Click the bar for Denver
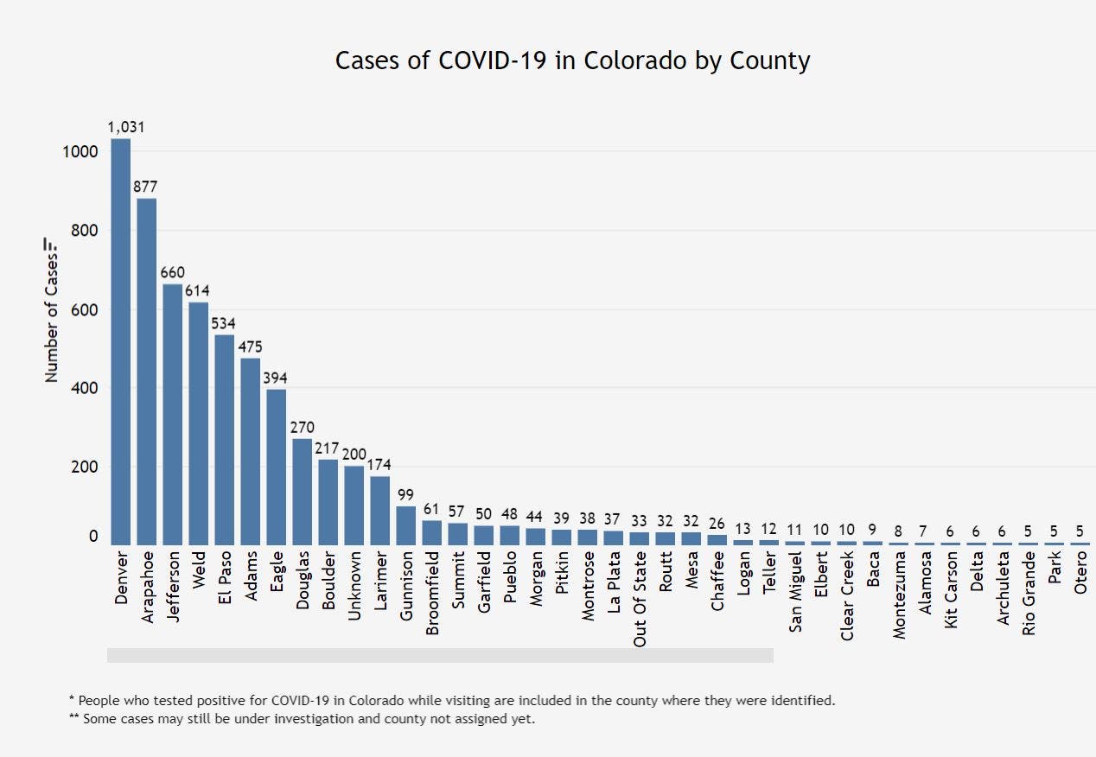(120, 341)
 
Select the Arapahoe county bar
(147, 372)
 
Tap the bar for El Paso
(225, 439)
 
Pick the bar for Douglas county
(302, 492)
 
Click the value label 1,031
(126, 127)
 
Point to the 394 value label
(276, 378)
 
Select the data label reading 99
(405, 495)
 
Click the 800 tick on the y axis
(81, 231)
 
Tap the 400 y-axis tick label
(81, 388)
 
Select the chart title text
(572, 61)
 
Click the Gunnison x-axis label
(406, 585)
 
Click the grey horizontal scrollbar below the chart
(439, 656)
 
